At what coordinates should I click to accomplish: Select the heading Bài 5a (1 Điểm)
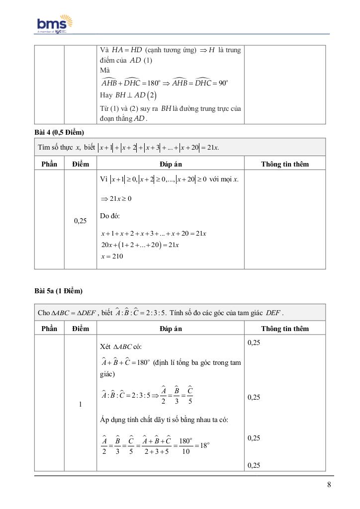click(58, 291)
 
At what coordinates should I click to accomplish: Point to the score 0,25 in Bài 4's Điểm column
click(80, 221)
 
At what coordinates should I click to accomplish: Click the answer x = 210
click(112, 256)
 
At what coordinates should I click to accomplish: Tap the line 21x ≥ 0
click(116, 199)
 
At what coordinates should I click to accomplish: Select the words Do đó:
click(110, 216)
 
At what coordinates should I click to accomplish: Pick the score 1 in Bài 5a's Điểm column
click(80, 404)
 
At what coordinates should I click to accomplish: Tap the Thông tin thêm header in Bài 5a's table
click(285, 329)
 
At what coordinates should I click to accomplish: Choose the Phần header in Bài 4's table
click(49, 164)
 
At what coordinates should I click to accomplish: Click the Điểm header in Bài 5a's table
click(80, 329)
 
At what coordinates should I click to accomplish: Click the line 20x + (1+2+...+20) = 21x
click(140, 245)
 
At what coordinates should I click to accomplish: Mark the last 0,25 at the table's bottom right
click(254, 466)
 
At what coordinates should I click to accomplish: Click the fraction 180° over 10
click(185, 446)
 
